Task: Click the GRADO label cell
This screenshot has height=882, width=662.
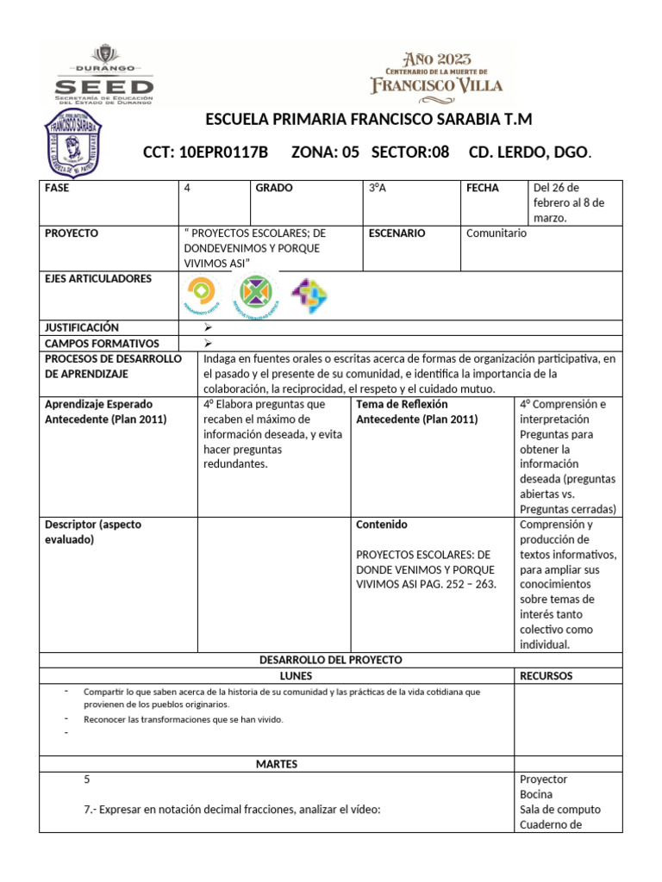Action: pos(274,188)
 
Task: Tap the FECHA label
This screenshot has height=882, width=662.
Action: pos(483,188)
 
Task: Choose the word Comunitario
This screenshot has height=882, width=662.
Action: pos(496,233)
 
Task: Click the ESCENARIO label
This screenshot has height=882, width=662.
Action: pos(397,233)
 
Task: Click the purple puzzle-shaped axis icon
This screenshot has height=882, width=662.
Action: pos(309,295)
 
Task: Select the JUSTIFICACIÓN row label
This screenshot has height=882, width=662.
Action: pos(82,327)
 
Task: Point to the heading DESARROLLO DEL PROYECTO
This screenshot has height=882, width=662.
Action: pos(331,660)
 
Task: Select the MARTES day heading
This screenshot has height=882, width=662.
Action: pos(277,764)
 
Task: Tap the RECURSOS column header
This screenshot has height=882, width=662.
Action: pos(546,676)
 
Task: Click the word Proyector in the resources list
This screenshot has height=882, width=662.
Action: pos(544,780)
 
